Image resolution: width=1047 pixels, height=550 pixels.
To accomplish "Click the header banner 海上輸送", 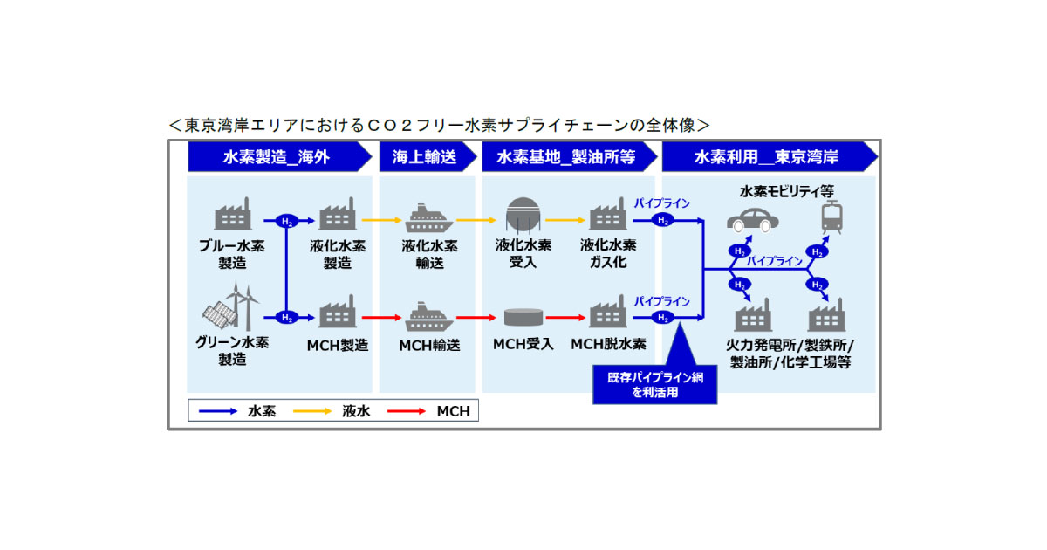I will point(426,157).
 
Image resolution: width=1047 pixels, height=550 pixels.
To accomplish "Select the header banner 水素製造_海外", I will point(276,157).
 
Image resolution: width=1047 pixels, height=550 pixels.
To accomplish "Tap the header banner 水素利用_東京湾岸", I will point(766,157).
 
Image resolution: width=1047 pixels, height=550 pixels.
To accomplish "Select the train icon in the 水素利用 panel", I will point(831,217).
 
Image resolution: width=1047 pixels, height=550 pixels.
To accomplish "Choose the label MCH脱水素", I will point(608,344).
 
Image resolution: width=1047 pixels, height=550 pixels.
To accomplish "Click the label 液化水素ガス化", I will point(608,253).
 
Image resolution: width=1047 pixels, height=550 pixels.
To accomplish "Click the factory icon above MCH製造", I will point(338,314).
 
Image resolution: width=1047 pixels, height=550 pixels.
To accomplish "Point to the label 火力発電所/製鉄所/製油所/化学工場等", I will point(790,353).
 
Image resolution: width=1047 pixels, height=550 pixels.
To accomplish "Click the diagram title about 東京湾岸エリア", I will point(439,125).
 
